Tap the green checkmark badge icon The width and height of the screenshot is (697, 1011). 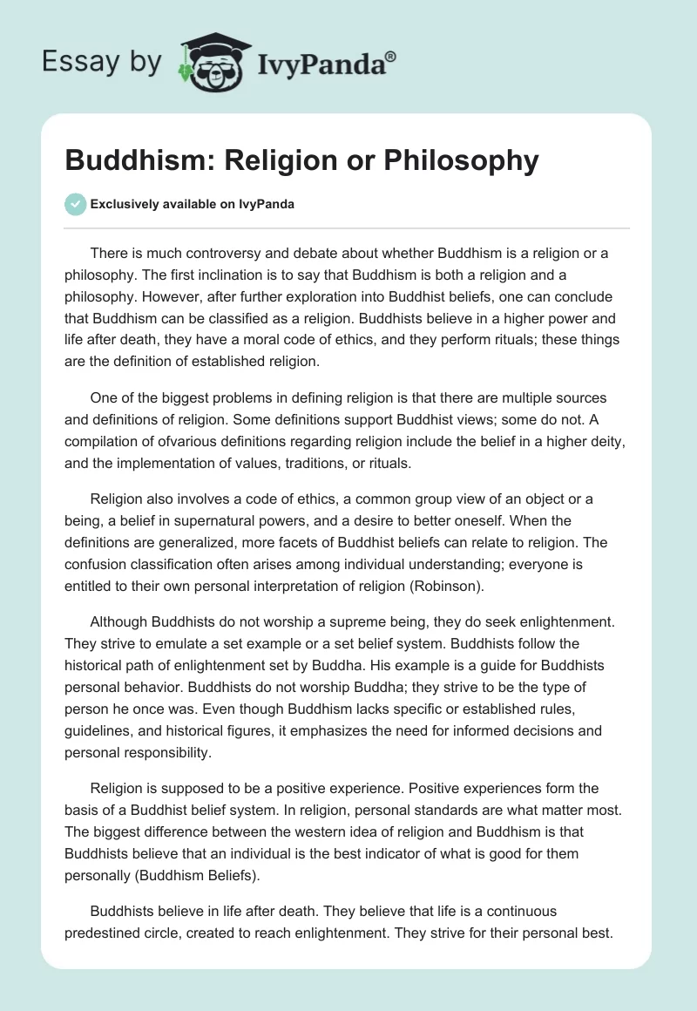tap(76, 204)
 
